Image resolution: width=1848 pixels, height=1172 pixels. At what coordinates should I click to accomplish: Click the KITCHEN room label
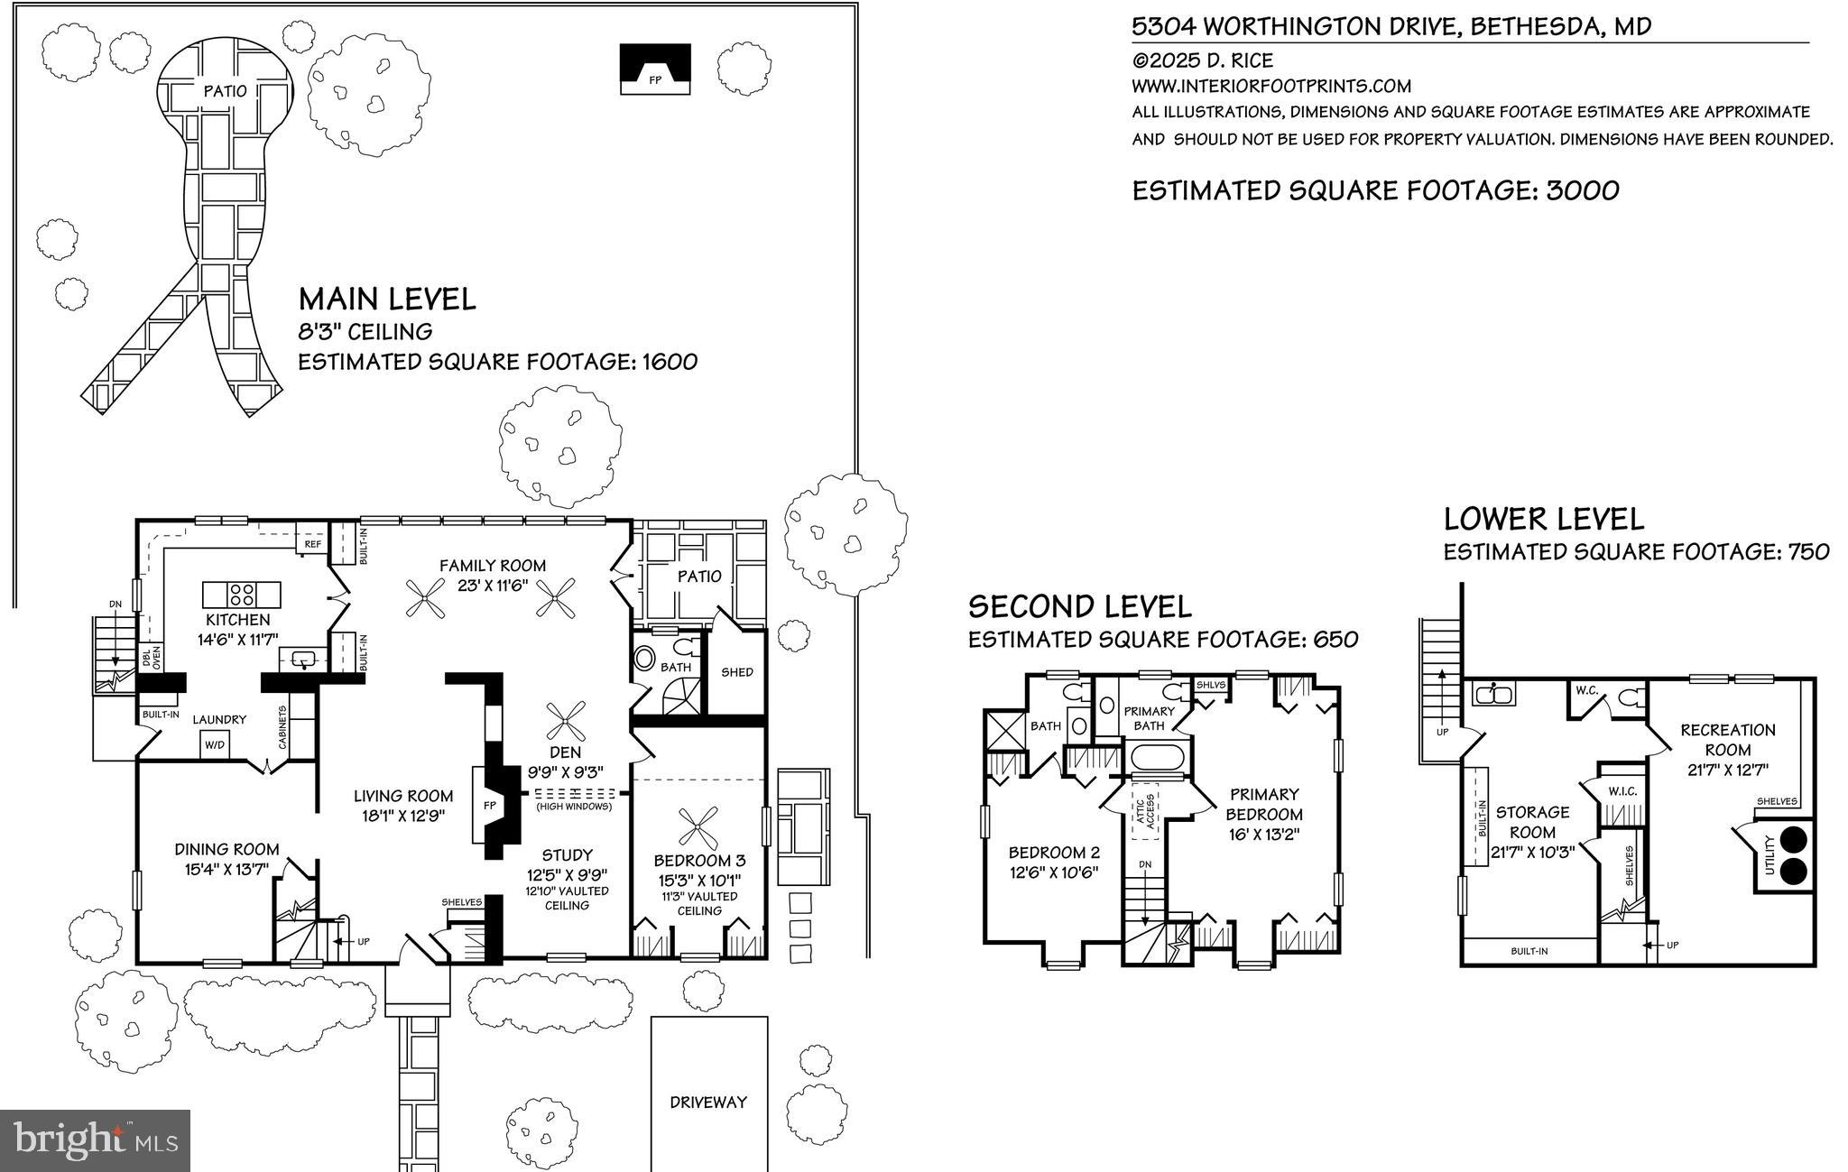pyautogui.click(x=237, y=620)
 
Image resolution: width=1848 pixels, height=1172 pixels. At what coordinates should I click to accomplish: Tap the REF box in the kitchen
pyautogui.click(x=312, y=543)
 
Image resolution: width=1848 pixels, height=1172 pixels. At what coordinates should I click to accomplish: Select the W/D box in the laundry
pyautogui.click(x=215, y=744)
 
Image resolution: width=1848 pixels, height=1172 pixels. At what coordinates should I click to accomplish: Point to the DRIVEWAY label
pyautogui.click(x=708, y=1102)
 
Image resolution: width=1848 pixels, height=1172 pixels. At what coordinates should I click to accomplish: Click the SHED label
pyautogui.click(x=737, y=672)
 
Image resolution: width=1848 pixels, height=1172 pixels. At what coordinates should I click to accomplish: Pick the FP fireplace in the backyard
pyautogui.click(x=655, y=69)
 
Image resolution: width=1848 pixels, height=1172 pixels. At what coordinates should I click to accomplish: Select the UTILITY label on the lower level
pyautogui.click(x=1769, y=854)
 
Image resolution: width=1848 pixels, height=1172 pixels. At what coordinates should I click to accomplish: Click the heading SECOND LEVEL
pyautogui.click(x=1080, y=605)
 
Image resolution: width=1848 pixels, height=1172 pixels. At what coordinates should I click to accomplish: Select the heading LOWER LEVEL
pyautogui.click(x=1544, y=519)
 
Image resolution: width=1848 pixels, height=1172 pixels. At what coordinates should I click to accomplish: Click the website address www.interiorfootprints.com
pyautogui.click(x=1271, y=87)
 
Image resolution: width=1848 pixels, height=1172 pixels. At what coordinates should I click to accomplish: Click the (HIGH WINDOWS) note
pyautogui.click(x=574, y=806)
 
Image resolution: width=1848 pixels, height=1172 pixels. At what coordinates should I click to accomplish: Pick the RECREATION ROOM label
pyautogui.click(x=1728, y=740)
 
